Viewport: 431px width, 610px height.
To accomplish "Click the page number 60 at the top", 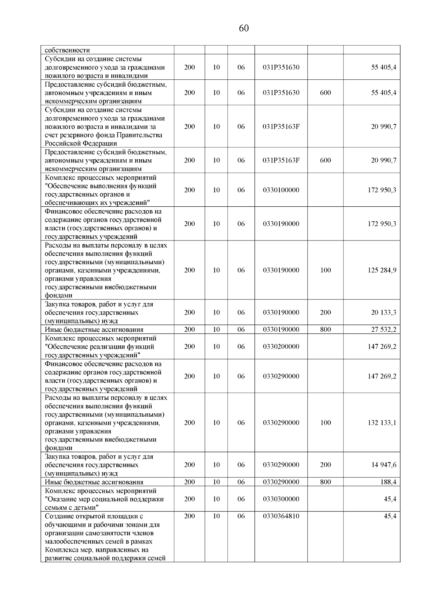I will (244, 28).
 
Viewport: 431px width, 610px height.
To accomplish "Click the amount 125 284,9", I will (382, 270).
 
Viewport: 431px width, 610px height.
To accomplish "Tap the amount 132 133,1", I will (382, 423).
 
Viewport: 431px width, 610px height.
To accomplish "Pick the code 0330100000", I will (281, 190).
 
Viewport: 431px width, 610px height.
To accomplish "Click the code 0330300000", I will (281, 499).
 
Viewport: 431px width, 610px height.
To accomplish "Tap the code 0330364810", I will (281, 516).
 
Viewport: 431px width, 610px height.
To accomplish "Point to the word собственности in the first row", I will (67, 50).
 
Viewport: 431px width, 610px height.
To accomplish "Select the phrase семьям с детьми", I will (71, 508).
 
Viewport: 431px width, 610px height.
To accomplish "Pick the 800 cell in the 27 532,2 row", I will (325, 330).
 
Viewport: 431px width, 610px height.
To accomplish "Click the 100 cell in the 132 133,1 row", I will (325, 423).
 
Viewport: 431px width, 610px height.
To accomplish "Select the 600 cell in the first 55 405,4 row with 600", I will (325, 93).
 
